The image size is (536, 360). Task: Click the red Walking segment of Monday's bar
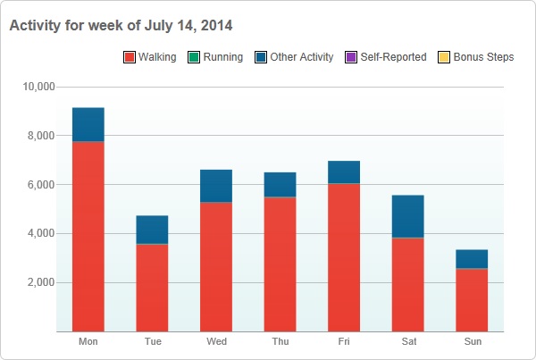pyautogui.click(x=88, y=236)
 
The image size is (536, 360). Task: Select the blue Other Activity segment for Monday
pyautogui.click(x=88, y=124)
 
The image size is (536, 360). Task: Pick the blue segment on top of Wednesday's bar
pyautogui.click(x=216, y=186)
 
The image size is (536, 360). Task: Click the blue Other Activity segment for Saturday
pyautogui.click(x=408, y=216)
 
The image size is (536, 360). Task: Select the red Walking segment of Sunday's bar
pyautogui.click(x=472, y=299)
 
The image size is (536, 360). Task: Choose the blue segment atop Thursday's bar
pyautogui.click(x=281, y=184)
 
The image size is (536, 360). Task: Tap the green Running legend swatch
pyautogui.click(x=195, y=57)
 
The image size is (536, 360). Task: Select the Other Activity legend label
pyautogui.click(x=301, y=57)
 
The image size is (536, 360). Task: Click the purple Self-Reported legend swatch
pyautogui.click(x=351, y=57)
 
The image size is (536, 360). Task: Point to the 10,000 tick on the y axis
pyautogui.click(x=38, y=88)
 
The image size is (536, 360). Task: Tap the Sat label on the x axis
pyautogui.click(x=408, y=342)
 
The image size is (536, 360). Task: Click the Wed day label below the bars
pyautogui.click(x=216, y=342)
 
